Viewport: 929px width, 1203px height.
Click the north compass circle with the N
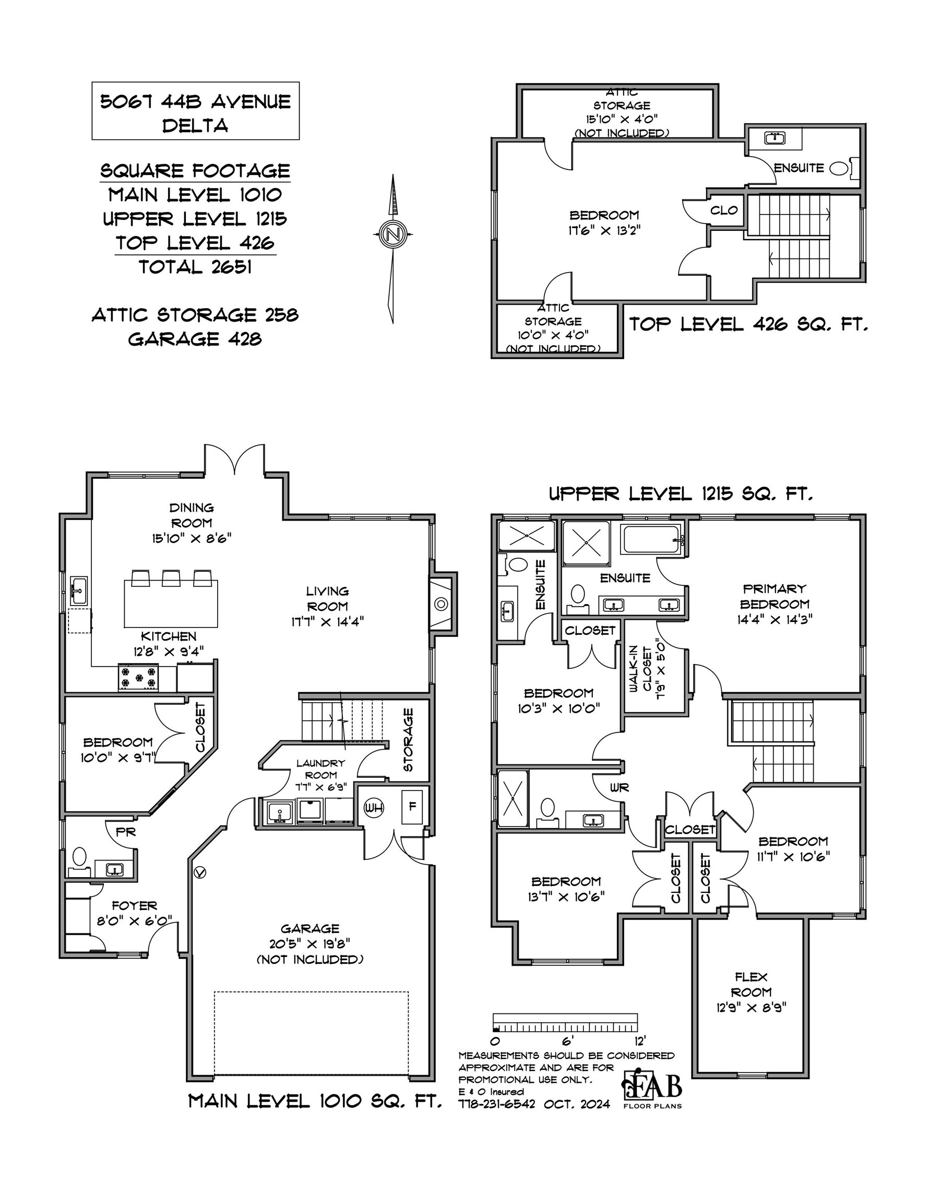tap(392, 234)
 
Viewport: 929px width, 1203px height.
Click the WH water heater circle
tap(374, 808)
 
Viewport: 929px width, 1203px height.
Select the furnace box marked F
tap(412, 807)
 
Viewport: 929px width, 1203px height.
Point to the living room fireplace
tap(441, 604)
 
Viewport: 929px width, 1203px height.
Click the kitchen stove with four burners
tap(138, 678)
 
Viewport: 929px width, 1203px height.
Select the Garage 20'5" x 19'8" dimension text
tap(310, 944)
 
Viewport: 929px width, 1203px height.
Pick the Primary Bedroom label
tap(775, 596)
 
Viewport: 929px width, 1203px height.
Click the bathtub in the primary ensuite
tap(651, 540)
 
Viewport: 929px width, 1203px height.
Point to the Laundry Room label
tap(320, 769)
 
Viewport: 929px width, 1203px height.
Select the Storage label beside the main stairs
tap(408, 740)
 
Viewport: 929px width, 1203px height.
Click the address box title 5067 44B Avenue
tap(196, 102)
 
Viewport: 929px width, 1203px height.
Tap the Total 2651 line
tap(196, 267)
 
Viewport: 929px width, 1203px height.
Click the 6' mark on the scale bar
tap(568, 1041)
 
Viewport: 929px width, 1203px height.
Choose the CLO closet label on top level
tap(723, 210)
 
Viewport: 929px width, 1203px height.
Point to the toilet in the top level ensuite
tap(839, 168)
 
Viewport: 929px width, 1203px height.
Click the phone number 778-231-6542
tap(497, 1104)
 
